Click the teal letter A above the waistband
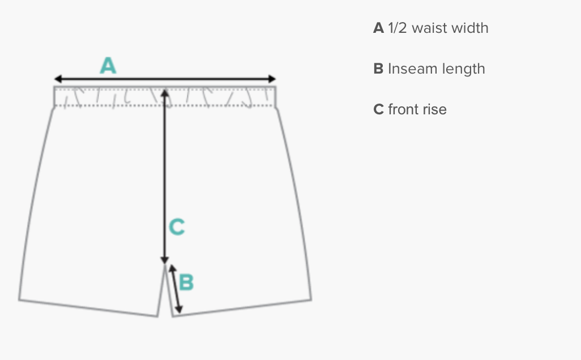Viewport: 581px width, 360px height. pyautogui.click(x=108, y=66)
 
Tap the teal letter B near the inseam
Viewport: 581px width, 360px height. pyautogui.click(x=186, y=282)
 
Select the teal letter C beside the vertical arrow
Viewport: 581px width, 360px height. pyautogui.click(x=177, y=228)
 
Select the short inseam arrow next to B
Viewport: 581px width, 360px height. pyautogui.click(x=176, y=289)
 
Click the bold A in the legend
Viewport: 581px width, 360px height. pyautogui.click(x=379, y=28)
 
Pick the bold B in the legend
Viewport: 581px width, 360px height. pyautogui.click(x=379, y=68)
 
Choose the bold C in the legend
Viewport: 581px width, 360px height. pyautogui.click(x=379, y=109)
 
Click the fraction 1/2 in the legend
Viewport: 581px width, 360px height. pyautogui.click(x=398, y=28)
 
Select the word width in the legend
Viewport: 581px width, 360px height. pyautogui.click(x=471, y=28)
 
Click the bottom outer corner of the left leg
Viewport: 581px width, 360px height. pyautogui.click(x=19, y=298)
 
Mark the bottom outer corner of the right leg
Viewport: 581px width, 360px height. pyautogui.click(x=311, y=299)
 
